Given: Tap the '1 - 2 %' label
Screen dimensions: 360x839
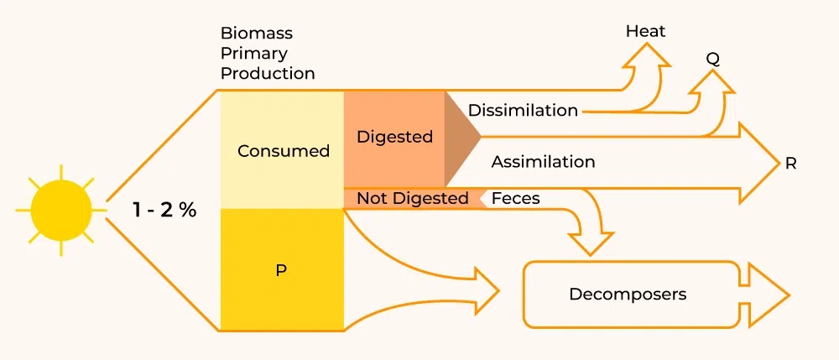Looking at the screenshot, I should coord(164,210).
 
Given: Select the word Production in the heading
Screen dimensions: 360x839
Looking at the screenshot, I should coord(268,74).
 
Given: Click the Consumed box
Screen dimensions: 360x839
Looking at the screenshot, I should coord(283,151).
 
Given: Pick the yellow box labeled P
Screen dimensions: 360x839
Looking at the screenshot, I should coord(281,271).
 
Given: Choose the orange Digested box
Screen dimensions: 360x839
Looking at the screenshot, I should coord(394,137).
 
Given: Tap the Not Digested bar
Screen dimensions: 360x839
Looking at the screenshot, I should coord(412,198).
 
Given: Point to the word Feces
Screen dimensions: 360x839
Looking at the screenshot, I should coord(515,199).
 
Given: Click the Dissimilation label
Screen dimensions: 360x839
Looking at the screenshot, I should coord(523,111).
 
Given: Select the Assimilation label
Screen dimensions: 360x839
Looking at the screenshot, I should coord(543,161).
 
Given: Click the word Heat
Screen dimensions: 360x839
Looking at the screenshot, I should coord(645,32).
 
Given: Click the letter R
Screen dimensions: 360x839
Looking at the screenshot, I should coord(790,164).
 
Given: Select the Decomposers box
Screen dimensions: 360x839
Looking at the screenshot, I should coord(628,295).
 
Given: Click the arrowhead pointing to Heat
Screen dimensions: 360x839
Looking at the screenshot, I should coord(647,55).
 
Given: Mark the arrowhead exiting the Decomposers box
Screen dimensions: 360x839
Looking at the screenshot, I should coord(767,295).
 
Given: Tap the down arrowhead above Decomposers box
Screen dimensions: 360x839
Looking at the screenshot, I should coord(591,244).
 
